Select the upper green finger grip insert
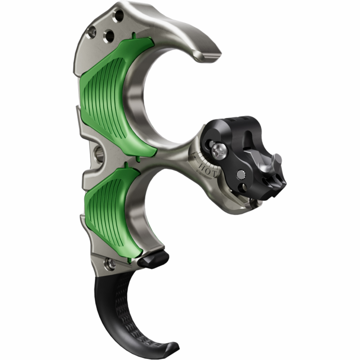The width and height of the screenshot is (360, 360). [x=117, y=95]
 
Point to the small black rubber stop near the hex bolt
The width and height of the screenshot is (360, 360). [x=154, y=260]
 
